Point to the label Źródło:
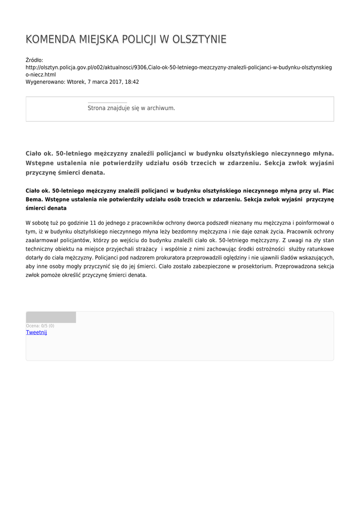click(35, 60)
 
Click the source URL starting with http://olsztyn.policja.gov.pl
click(179, 67)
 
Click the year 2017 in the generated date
click(112, 82)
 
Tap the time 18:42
click(132, 82)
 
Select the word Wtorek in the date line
click(76, 82)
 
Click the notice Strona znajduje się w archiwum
click(131, 108)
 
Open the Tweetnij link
click(36, 332)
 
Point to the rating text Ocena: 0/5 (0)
click(40, 326)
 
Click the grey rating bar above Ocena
click(51, 317)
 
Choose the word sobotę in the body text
click(48, 223)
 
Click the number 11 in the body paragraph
click(93, 223)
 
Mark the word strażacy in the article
click(144, 249)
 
